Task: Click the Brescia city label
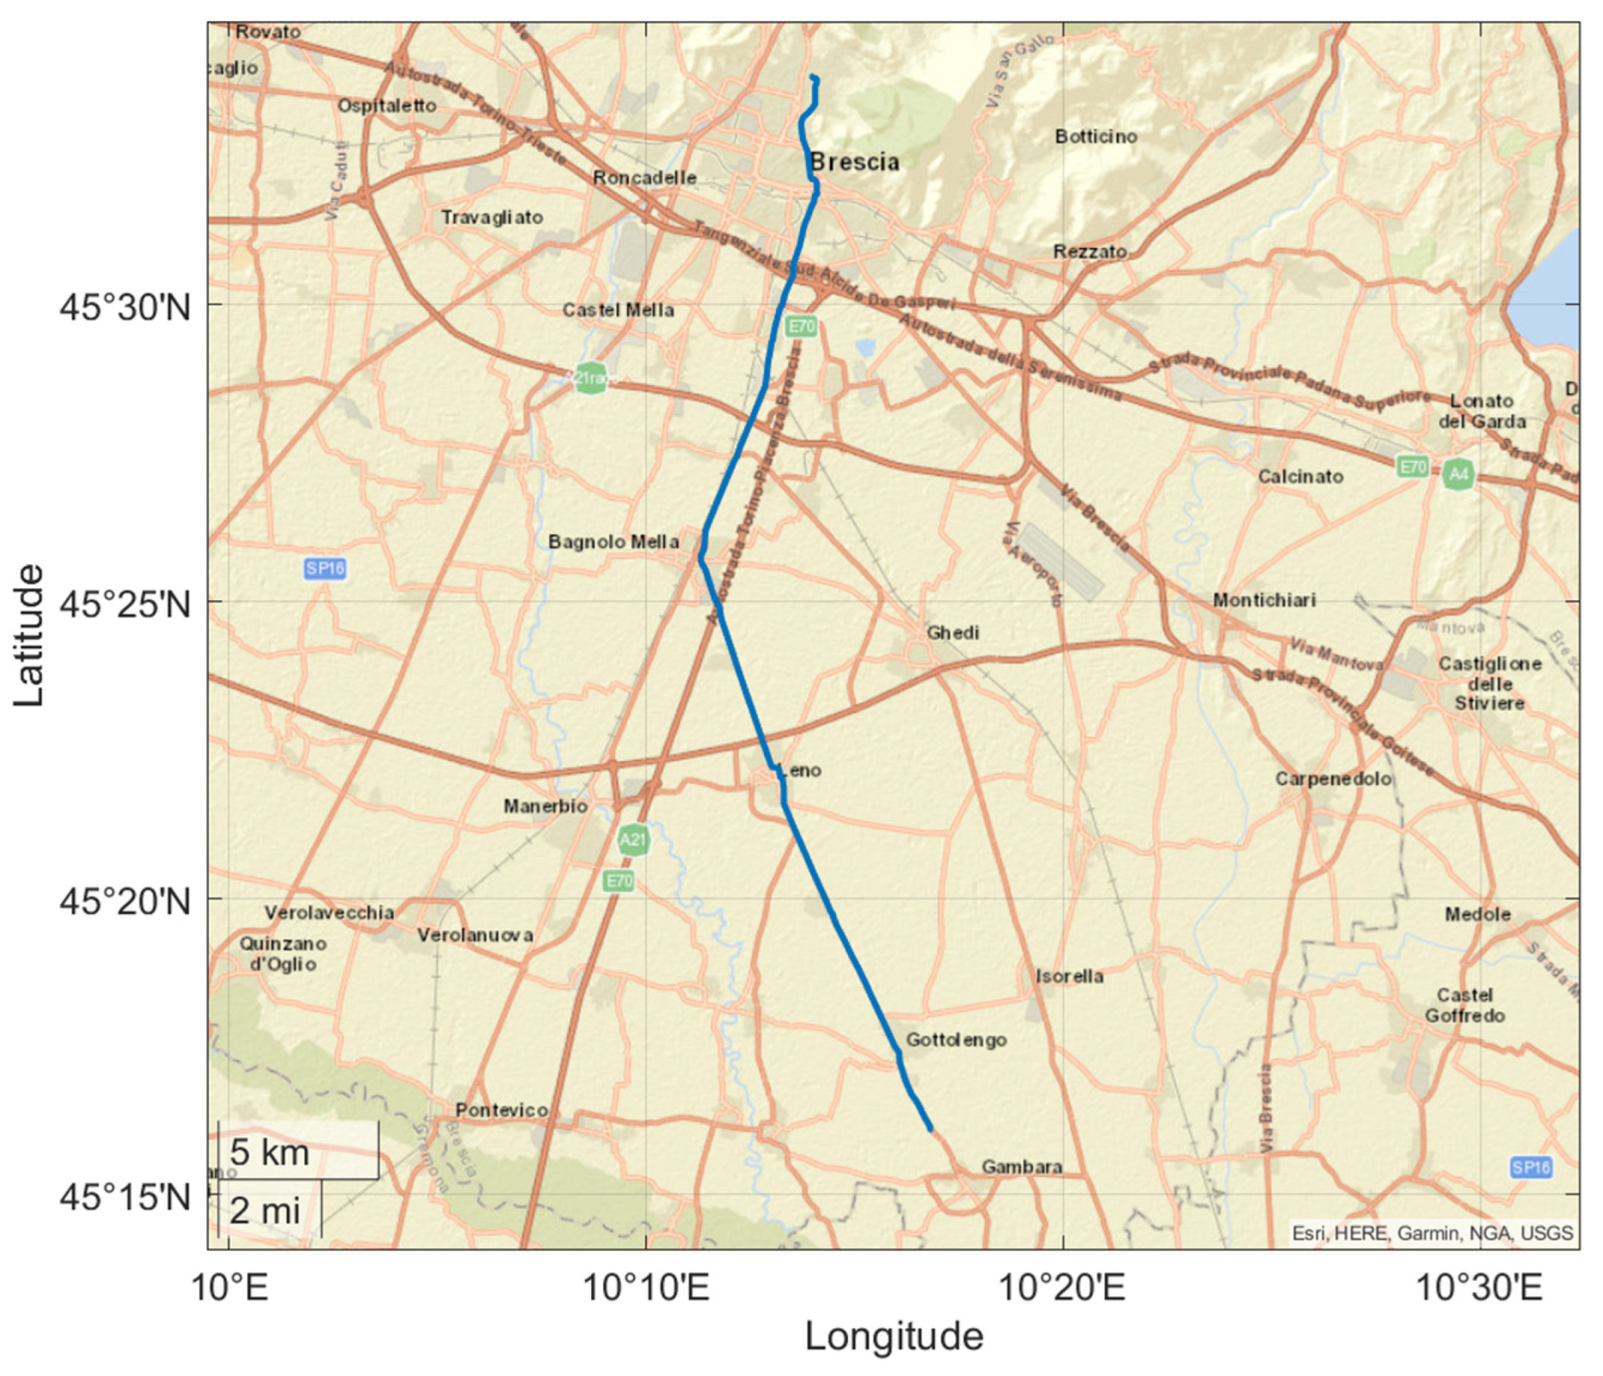tap(855, 163)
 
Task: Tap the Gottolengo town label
tap(956, 1040)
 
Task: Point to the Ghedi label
tap(953, 633)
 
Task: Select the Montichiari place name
tap(1264, 600)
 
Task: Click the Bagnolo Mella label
tap(613, 542)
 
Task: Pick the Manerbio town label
tap(546, 807)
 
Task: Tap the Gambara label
tap(1021, 1166)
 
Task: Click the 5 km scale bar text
tap(269, 1152)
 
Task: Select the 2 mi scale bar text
tap(265, 1211)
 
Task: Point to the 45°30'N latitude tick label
tap(125, 308)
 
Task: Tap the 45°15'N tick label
tap(125, 1198)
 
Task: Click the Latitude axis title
tap(28, 635)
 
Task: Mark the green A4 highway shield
tap(1458, 474)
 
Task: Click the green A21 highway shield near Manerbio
tap(633, 840)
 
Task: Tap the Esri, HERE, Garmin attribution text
tap(1432, 1233)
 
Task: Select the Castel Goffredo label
tap(1464, 1005)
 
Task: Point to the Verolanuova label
tap(475, 935)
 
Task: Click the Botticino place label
tap(1096, 137)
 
